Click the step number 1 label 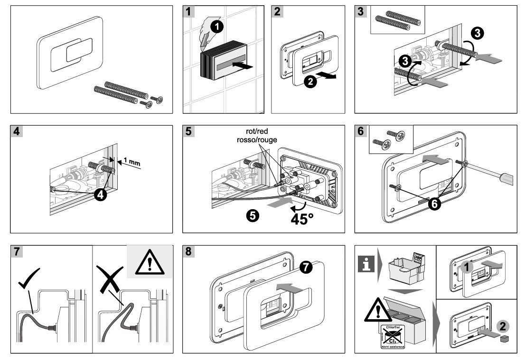189,11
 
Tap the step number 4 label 17,131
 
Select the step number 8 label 189,251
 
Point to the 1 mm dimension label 132,163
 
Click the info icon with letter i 366,262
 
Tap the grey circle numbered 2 503,326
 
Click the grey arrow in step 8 289,286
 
